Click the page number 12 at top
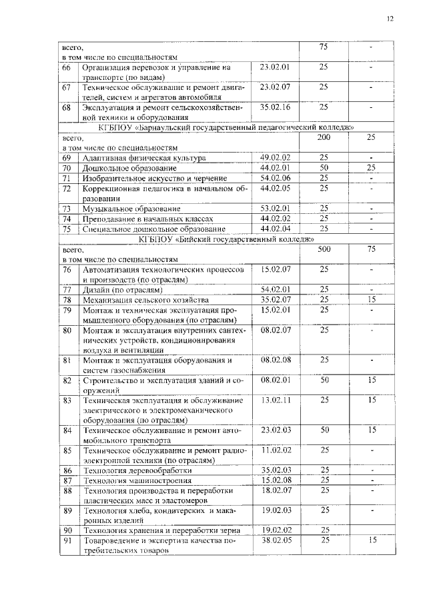(390, 18)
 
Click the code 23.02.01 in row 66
(273, 67)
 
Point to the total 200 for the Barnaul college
(324, 136)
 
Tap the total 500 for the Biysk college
(324, 249)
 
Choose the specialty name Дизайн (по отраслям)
(123, 290)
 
